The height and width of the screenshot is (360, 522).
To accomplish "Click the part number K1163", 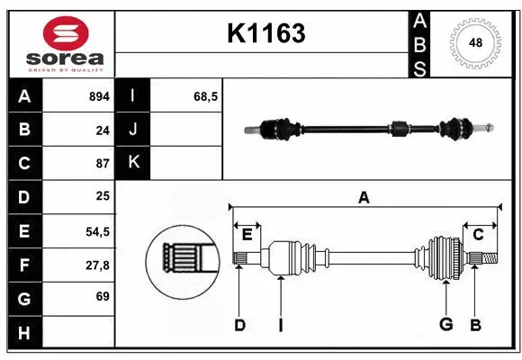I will click(266, 33).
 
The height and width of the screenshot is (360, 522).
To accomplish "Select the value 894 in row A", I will click(98, 96).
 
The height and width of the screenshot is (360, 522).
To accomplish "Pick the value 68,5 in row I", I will click(207, 96).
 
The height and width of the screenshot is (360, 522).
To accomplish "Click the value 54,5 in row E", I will click(97, 231).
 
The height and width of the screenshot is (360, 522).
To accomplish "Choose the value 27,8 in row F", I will click(97, 265).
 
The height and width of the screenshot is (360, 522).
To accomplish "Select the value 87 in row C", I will click(102, 164).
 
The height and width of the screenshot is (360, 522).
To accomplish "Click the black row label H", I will click(24, 332).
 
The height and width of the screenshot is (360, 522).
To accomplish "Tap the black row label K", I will click(133, 163).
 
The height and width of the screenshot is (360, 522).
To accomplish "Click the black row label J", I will click(133, 130).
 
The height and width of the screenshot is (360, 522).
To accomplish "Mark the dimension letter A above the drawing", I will click(364, 197).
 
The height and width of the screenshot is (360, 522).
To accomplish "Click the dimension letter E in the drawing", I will click(247, 235).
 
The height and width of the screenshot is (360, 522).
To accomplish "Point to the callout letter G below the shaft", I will click(445, 325).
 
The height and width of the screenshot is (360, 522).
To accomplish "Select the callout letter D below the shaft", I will click(239, 325).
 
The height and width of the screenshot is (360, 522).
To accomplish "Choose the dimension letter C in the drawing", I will click(479, 235).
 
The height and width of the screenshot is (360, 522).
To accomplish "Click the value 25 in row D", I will click(102, 197).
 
